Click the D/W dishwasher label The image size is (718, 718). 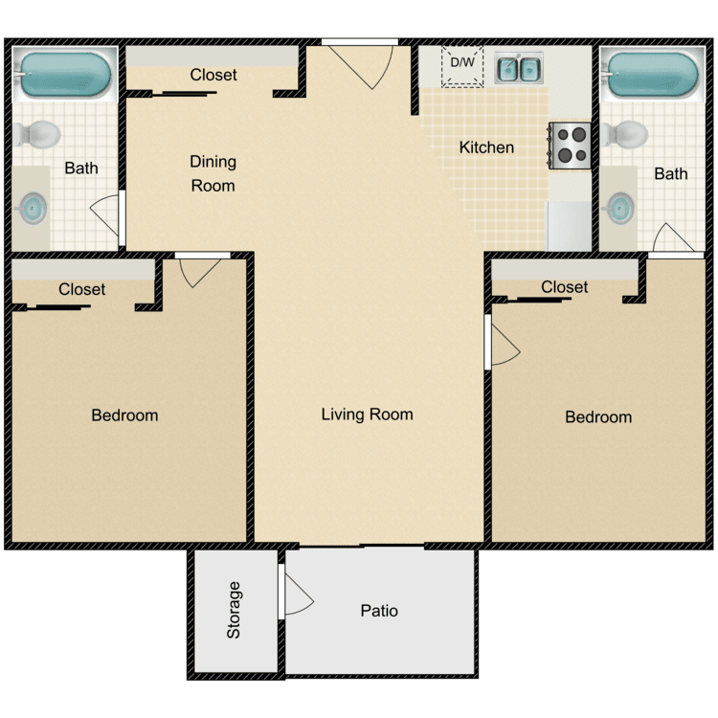tap(462, 63)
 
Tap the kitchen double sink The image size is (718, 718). tap(518, 68)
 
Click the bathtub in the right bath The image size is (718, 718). tap(654, 74)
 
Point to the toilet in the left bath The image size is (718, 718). tap(36, 133)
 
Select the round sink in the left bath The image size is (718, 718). tap(34, 207)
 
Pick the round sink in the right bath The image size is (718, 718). tap(619, 206)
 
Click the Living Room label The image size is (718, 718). tap(367, 415)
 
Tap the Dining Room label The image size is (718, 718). tap(213, 173)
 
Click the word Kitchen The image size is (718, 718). tap(486, 147)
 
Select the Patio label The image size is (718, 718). tap(379, 610)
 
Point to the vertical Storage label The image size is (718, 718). tap(235, 610)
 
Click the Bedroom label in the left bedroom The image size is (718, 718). tap(124, 415)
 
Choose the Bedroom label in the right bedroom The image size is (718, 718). tap(598, 416)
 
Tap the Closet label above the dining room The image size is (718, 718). tap(213, 75)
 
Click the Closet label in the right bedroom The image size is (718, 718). tap(564, 286)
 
